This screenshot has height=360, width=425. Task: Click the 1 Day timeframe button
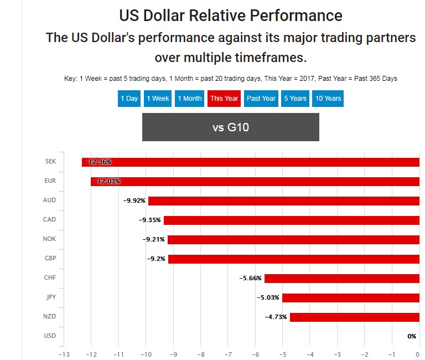point(129,99)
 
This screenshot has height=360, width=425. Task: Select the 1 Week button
point(158,99)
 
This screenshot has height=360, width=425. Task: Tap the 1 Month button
point(189,99)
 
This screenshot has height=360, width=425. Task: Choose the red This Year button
point(224,99)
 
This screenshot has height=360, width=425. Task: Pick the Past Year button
point(261,99)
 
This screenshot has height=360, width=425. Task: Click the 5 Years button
point(295,99)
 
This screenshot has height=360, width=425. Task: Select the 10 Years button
point(328,99)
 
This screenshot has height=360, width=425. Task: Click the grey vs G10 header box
point(230,127)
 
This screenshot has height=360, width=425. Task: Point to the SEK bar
point(251,162)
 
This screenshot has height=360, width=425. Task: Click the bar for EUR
point(255,181)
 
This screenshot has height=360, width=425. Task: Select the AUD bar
point(283,200)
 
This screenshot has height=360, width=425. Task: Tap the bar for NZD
point(354,317)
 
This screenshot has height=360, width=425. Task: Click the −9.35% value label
point(150,220)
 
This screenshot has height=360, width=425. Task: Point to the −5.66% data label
point(251,278)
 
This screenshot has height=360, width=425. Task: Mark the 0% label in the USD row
point(412,336)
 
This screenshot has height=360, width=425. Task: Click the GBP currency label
point(50,259)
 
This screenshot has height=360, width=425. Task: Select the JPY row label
point(50,297)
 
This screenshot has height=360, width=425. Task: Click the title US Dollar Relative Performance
point(230,15)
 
